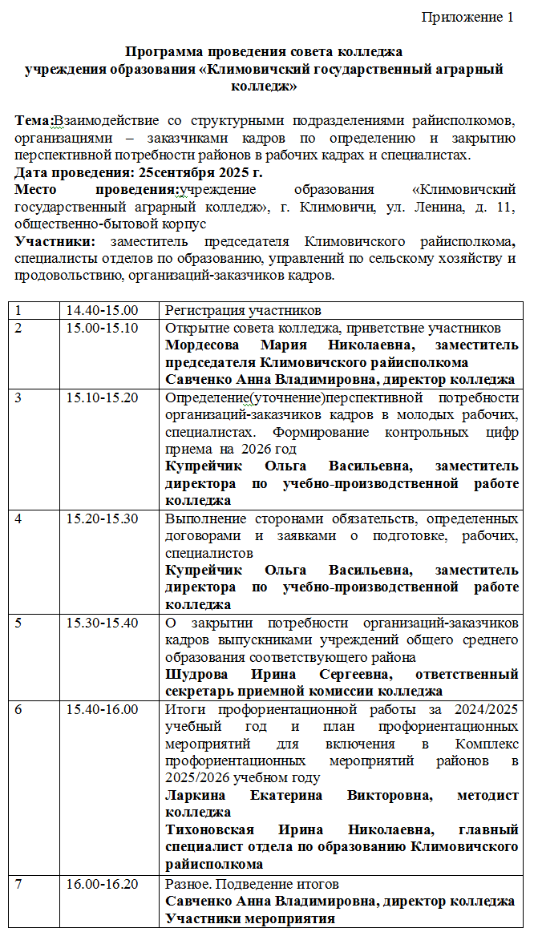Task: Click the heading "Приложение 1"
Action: [x=467, y=18]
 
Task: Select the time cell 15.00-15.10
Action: [x=102, y=329]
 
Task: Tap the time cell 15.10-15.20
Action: [x=102, y=397]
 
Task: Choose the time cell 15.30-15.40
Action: [x=102, y=623]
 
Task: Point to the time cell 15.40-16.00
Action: [x=102, y=709]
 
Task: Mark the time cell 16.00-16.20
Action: [x=102, y=885]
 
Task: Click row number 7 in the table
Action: [x=18, y=885]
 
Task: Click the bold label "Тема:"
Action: [x=34, y=121]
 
